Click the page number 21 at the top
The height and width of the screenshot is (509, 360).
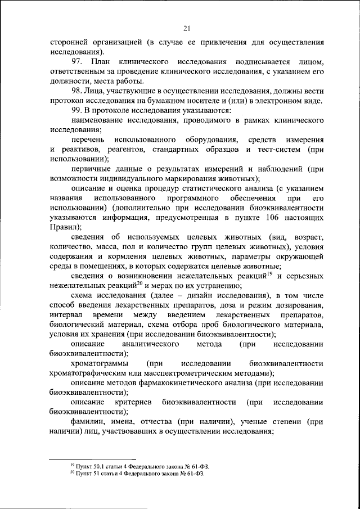(x=188, y=29)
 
